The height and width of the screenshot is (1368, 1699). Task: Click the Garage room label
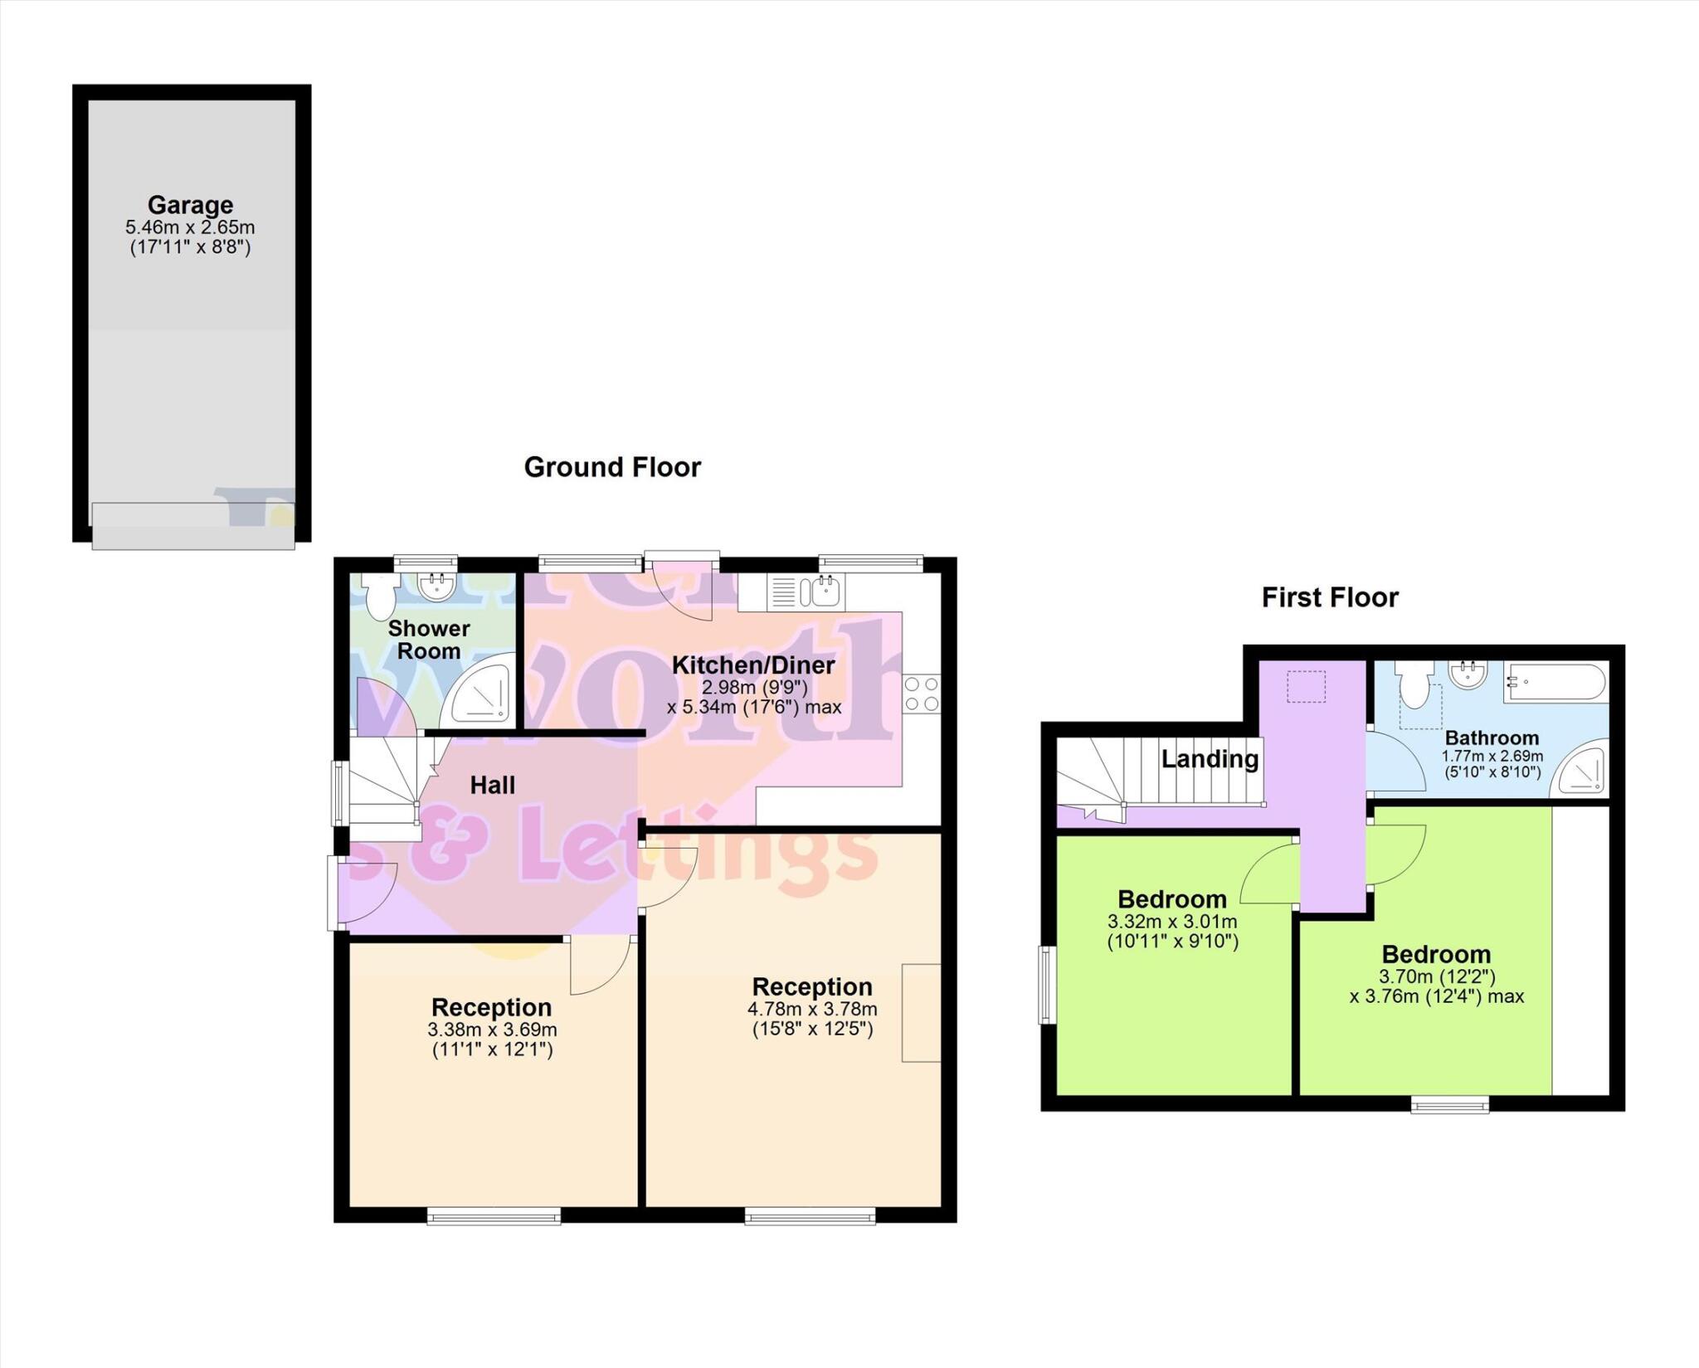click(x=190, y=205)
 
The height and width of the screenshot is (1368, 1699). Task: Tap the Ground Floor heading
click(x=612, y=467)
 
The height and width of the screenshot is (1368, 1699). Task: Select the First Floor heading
click(x=1329, y=597)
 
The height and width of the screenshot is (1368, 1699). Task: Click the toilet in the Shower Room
click(x=379, y=595)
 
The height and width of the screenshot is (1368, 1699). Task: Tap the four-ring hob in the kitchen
click(x=922, y=694)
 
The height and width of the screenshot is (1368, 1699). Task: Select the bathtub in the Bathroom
click(x=1555, y=682)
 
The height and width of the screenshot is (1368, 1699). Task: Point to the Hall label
click(x=492, y=785)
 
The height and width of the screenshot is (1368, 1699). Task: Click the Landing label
click(x=1209, y=758)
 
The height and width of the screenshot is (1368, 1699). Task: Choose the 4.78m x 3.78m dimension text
click(x=812, y=1010)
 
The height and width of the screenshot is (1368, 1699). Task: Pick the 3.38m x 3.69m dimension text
click(x=492, y=1030)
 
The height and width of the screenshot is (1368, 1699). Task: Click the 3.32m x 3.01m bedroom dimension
click(x=1171, y=922)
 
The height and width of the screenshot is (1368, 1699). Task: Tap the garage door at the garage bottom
click(x=192, y=526)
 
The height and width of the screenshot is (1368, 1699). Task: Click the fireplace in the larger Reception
click(x=921, y=1012)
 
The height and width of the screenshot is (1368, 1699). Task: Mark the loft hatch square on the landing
click(x=1305, y=687)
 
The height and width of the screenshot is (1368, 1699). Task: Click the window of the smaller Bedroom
click(x=1047, y=985)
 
